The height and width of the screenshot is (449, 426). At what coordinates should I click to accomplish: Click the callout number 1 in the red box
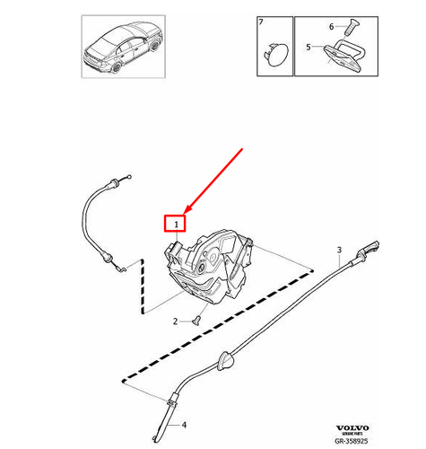[x=177, y=222]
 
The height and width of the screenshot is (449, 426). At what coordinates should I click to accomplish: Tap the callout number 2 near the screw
[x=175, y=320]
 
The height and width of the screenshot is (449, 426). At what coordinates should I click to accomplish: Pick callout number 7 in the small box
[x=261, y=20]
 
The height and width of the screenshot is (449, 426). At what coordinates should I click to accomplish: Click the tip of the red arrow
[x=187, y=207]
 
